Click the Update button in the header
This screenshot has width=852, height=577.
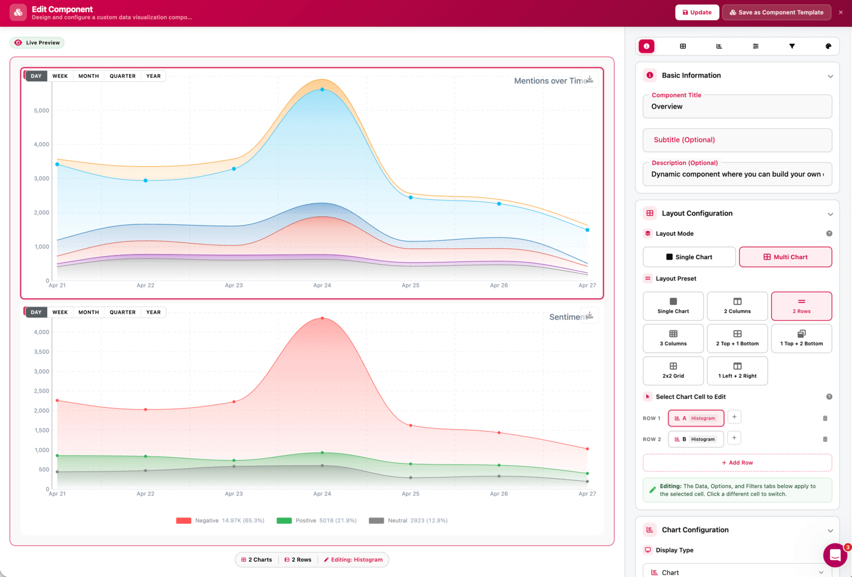(697, 12)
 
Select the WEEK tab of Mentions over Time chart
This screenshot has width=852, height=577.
(60, 76)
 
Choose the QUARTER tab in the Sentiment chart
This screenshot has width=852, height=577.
(123, 312)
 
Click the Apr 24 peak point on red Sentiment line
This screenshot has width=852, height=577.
(322, 318)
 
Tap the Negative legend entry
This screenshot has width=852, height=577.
(220, 520)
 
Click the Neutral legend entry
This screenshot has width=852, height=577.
(408, 520)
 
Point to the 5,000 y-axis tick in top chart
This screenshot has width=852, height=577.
(41, 110)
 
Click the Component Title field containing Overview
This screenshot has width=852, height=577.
(737, 107)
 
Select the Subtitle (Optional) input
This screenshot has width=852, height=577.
(737, 140)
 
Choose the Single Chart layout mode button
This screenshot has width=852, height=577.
(689, 257)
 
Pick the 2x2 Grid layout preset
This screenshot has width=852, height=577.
(673, 370)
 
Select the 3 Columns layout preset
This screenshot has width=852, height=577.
(673, 338)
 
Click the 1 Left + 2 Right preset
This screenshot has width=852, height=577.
(737, 370)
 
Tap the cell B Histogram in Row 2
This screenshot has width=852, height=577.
(696, 439)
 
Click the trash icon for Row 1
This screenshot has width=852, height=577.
(825, 418)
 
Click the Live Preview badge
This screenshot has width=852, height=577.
(37, 43)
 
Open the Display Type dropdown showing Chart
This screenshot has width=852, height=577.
(737, 572)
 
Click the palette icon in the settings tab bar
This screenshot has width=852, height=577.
(828, 46)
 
